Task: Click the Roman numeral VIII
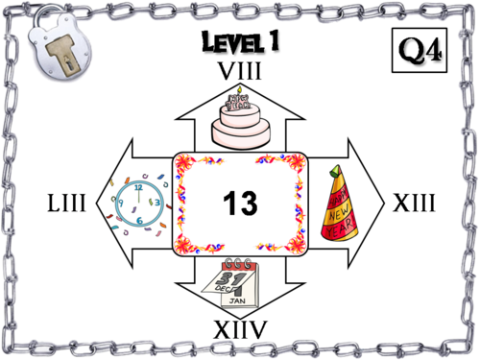(239, 72)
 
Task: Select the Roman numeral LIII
(67, 204)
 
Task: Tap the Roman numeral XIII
(415, 204)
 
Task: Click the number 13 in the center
(242, 203)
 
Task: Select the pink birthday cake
(238, 120)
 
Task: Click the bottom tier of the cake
(238, 133)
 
